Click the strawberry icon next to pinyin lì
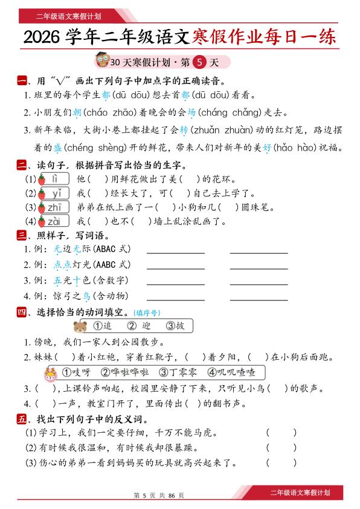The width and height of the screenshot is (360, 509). click(x=42, y=179)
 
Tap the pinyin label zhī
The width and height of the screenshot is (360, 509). click(x=56, y=207)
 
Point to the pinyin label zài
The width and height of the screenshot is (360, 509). click(x=56, y=222)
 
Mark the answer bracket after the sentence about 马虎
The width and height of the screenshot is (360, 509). click(x=281, y=433)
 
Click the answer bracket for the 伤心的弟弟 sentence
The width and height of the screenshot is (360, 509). click(x=281, y=463)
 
